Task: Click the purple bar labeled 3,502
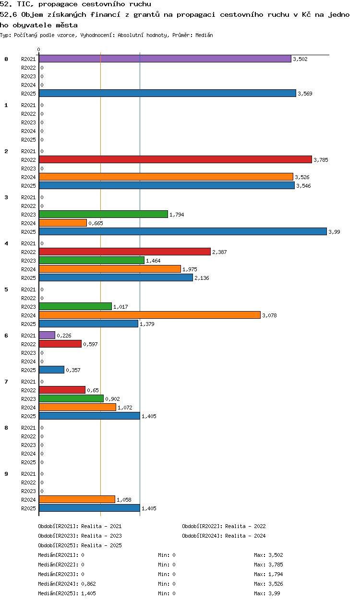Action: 165,59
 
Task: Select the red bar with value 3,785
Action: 175,160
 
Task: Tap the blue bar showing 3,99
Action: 183,232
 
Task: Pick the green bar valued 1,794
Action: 103,215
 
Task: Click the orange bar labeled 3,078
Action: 150,315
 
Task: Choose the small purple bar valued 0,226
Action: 47,336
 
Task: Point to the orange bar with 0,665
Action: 63,223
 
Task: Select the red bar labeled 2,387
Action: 125,252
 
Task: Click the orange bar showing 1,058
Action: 77,500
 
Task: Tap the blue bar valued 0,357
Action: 51,370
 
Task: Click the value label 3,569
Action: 305,94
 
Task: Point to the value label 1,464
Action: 153,261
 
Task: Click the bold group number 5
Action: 6,289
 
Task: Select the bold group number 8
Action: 6,428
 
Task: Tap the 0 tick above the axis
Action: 39,50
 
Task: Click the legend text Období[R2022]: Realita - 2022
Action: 224,526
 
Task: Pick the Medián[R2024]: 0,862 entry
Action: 67,584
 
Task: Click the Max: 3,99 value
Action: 267,593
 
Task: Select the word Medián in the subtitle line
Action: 204,35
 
